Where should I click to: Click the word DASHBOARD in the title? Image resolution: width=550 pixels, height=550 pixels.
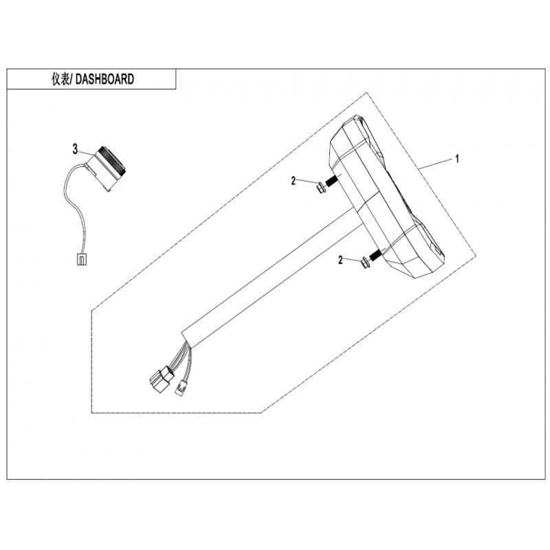tap(105, 79)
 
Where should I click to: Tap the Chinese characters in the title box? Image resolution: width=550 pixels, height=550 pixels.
tap(60, 79)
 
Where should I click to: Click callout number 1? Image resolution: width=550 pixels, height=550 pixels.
tap(456, 159)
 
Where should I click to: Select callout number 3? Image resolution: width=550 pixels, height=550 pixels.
tap(75, 149)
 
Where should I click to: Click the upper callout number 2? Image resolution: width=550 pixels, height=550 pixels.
tap(294, 181)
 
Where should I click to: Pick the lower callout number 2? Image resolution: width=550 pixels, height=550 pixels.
tap(340, 260)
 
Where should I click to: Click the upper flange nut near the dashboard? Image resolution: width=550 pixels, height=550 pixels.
tap(320, 188)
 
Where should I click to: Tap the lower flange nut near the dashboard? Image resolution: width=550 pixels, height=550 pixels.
tap(365, 262)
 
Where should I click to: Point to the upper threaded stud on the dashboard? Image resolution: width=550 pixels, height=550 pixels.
tap(331, 182)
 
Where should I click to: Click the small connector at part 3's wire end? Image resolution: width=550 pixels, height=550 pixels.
tap(80, 260)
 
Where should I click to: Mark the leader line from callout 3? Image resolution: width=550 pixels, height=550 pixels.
tap(87, 153)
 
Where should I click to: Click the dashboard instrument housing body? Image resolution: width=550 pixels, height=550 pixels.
tap(386, 197)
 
